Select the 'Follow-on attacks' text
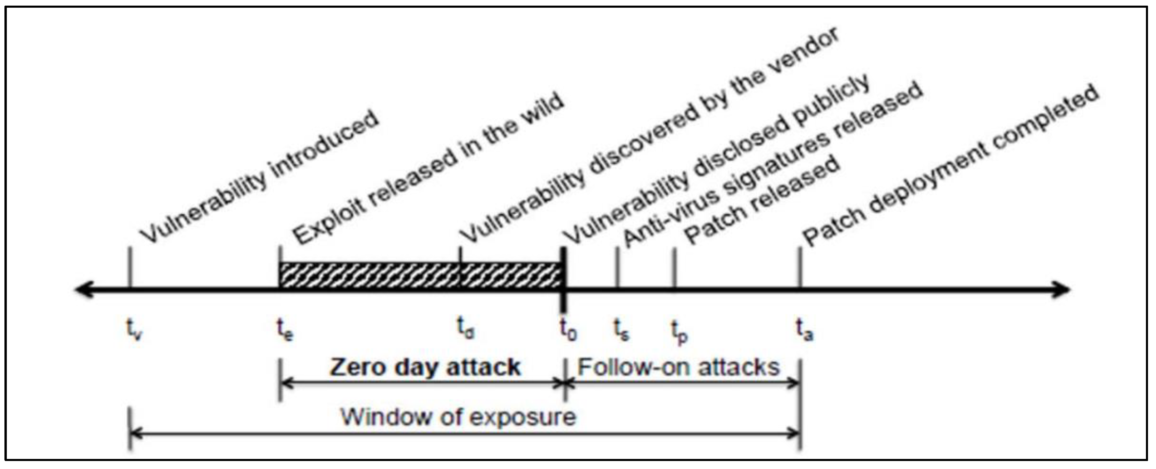click(x=678, y=367)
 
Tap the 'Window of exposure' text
click(x=458, y=417)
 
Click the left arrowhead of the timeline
click(x=83, y=290)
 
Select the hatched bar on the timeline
click(x=421, y=275)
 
